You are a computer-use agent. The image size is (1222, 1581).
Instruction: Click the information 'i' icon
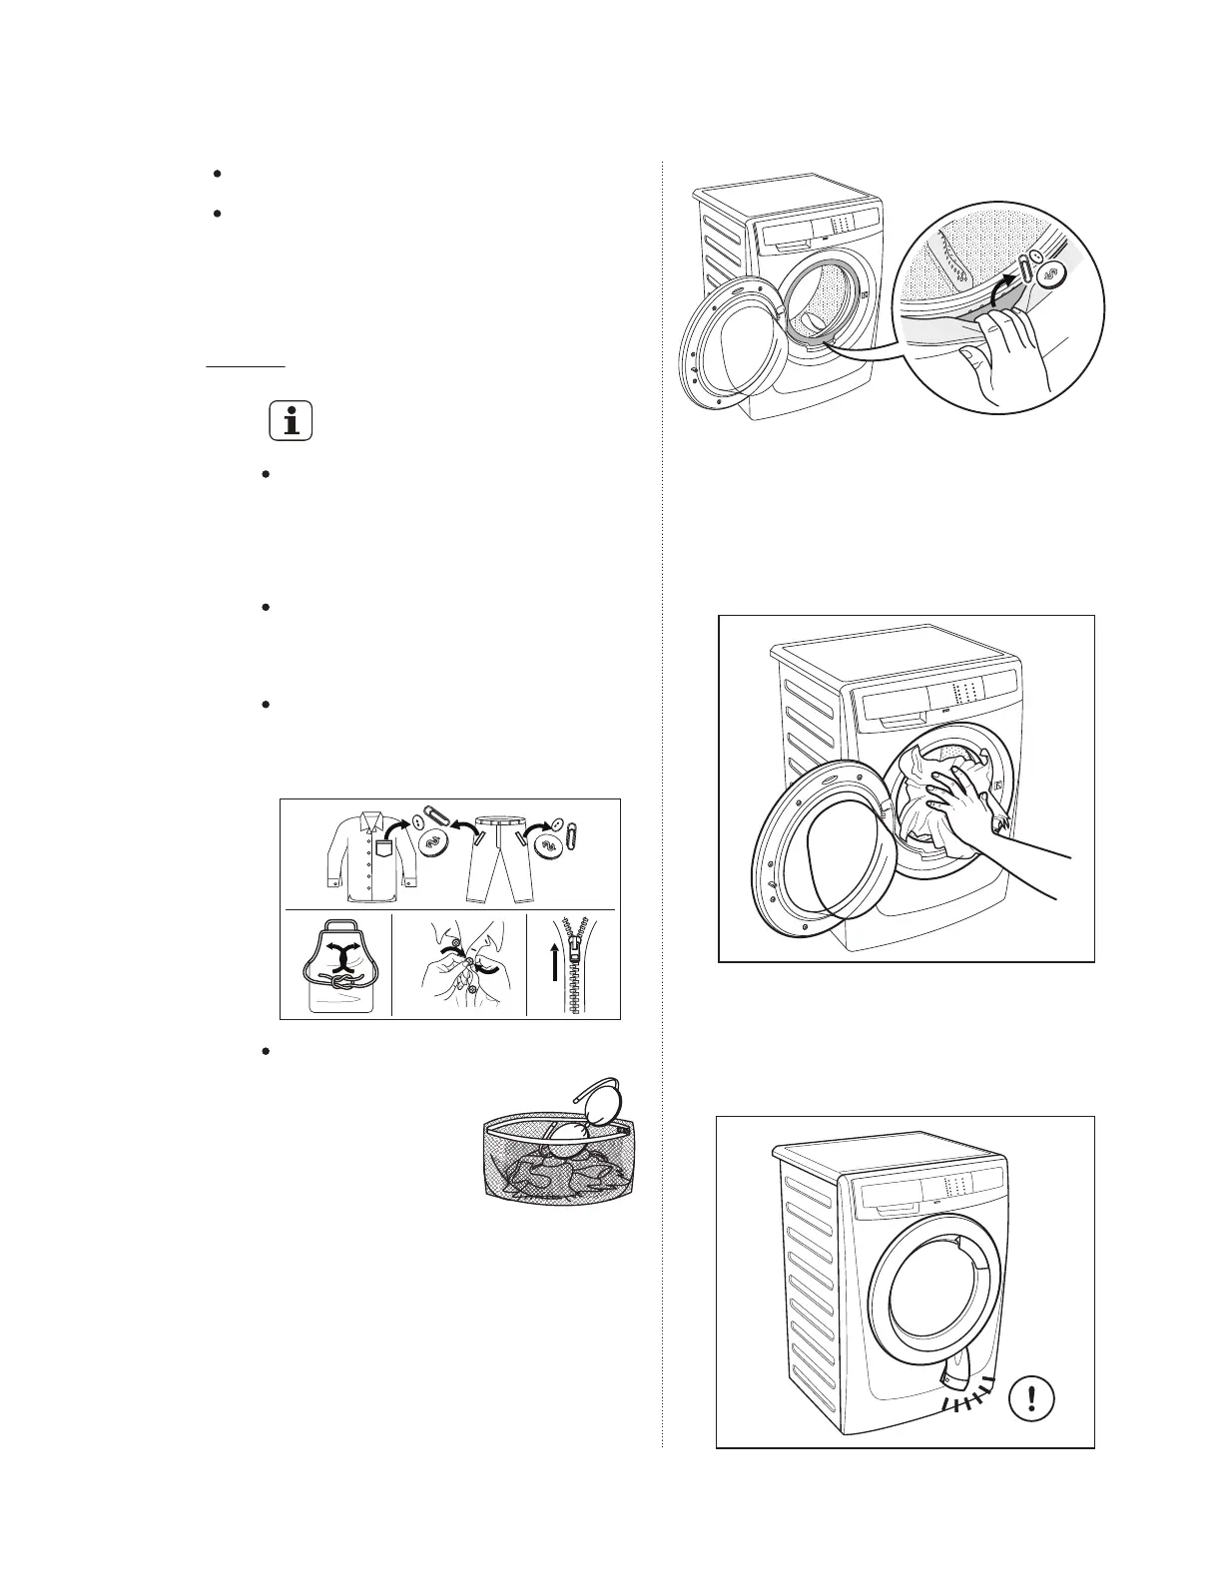click(291, 421)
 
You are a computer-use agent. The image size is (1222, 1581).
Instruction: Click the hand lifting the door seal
click(1003, 349)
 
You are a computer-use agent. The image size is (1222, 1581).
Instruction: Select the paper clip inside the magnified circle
click(1026, 268)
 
